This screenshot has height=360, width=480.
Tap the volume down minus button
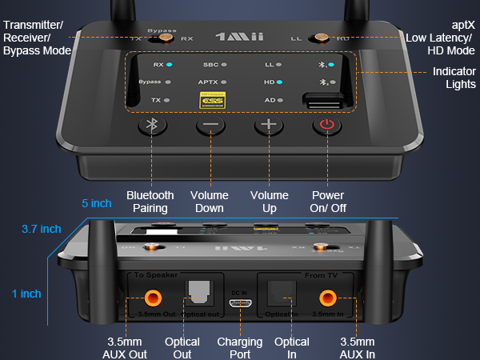coord(210,126)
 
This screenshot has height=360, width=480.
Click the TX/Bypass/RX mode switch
coord(166,37)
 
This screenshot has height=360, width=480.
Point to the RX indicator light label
coord(160,63)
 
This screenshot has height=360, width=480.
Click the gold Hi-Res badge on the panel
coord(210,101)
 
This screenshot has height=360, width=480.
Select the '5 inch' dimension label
coord(97,203)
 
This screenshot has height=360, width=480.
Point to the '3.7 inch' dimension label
coord(41,229)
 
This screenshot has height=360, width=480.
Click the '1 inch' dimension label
coord(26,294)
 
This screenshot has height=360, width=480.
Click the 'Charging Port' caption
coord(240,348)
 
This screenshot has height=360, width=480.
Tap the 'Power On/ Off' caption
coord(327,202)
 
